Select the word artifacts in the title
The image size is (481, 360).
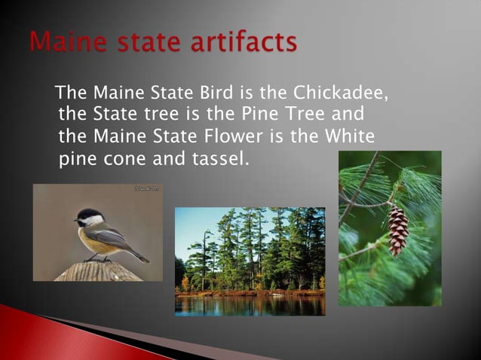(243, 42)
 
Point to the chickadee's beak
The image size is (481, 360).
(75, 221)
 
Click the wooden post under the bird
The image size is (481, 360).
(98, 271)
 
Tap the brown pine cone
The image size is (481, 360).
(397, 230)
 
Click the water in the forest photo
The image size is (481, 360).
(249, 306)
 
